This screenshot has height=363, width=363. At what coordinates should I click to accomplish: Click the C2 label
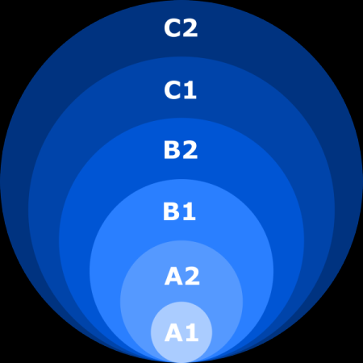click(181, 28)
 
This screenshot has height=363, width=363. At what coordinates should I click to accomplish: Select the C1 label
click(180, 90)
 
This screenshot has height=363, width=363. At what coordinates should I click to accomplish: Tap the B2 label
click(181, 150)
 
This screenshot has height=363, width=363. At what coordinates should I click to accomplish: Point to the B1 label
click(179, 212)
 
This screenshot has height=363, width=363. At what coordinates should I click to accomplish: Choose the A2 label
click(182, 276)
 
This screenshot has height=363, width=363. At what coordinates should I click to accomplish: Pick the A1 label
click(181, 333)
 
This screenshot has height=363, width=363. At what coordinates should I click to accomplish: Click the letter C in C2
click(172, 28)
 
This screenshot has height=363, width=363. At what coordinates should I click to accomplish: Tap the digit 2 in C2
click(190, 28)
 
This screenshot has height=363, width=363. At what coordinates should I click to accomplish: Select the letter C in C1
click(172, 90)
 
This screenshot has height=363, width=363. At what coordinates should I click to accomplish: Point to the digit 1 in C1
click(190, 90)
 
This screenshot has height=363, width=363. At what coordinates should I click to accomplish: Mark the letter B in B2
click(172, 150)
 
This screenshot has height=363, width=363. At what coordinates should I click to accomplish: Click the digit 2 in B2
click(190, 150)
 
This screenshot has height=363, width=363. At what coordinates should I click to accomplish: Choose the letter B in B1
click(171, 212)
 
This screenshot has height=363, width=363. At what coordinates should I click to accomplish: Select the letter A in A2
click(173, 276)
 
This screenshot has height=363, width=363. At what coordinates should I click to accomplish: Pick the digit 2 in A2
click(192, 276)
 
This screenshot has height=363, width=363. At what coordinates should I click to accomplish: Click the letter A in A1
click(173, 333)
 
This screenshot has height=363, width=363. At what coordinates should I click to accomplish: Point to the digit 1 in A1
click(192, 333)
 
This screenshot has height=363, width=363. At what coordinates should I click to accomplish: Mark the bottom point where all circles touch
click(181, 362)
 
